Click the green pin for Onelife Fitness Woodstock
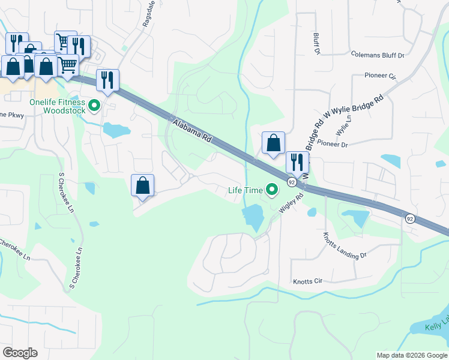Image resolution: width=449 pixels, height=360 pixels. point(94,107)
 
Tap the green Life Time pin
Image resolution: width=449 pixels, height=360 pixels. point(272,190)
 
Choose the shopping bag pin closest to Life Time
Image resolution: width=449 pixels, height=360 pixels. point(273,144)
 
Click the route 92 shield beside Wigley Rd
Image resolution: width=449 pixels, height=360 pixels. point(291,181)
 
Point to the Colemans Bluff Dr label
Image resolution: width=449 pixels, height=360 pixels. point(378,55)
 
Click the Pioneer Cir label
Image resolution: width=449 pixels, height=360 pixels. point(381,76)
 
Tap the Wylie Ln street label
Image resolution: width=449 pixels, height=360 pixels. point(343,127)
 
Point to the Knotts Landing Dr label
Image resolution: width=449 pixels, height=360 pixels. point(344,245)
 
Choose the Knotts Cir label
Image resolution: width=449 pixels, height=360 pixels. point(307,281)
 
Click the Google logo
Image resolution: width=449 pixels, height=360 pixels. point(20,353)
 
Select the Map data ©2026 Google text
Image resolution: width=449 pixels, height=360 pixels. point(411,355)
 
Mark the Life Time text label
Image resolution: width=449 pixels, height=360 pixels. point(245,190)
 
